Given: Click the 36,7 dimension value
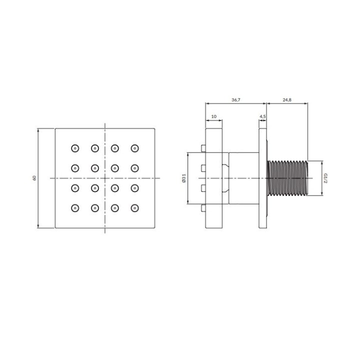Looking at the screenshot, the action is coord(236,100).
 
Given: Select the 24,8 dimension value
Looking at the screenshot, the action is coord(287,100).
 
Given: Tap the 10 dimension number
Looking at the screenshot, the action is coord(214,116).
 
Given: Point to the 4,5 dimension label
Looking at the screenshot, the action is coord(262,116).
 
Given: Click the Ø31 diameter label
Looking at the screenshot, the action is coord(183,178).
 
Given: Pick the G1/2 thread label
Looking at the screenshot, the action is coord(325,178).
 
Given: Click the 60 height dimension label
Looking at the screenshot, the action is coord(34,178).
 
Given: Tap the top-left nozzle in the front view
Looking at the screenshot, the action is coord(75,148).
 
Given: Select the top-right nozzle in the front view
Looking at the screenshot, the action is coord(135,148).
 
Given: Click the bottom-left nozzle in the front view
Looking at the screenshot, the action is coord(75,208).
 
